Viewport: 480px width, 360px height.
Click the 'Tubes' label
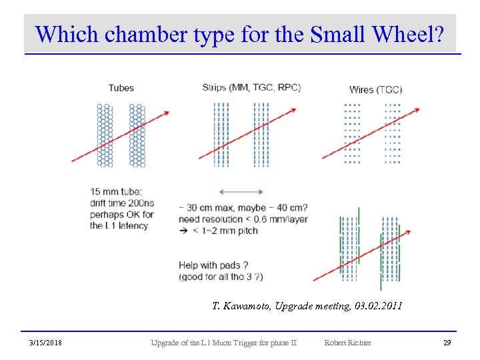pos(121,87)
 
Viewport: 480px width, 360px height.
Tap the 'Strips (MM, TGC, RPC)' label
pos(251,87)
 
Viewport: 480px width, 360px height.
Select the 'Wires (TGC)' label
pos(375,89)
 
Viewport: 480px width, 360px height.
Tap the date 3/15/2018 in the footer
pos(46,343)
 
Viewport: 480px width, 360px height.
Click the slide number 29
pos(447,343)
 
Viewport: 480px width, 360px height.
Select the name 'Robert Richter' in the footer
pos(347,343)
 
